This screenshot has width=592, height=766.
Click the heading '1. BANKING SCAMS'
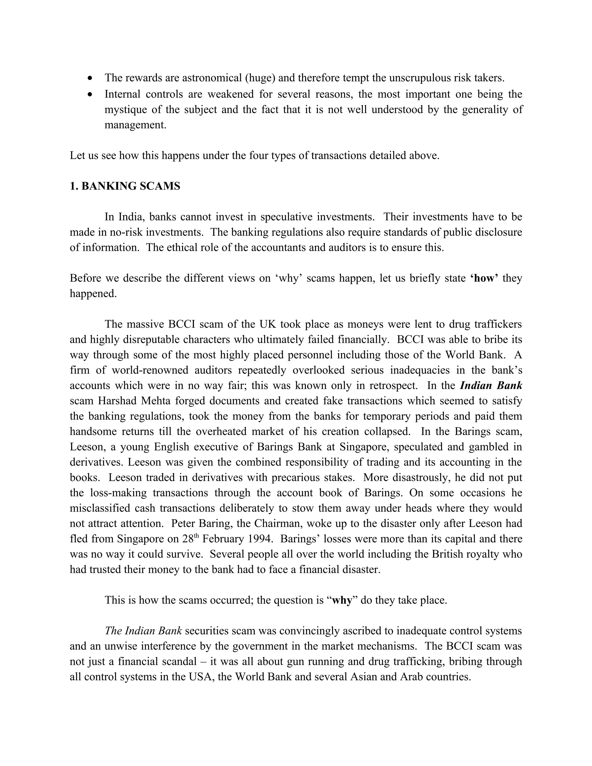tap(125, 186)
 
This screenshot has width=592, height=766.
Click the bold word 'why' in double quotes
tap(342, 600)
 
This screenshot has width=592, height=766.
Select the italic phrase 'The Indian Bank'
tap(143, 631)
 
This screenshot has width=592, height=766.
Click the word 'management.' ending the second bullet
tap(135, 125)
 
